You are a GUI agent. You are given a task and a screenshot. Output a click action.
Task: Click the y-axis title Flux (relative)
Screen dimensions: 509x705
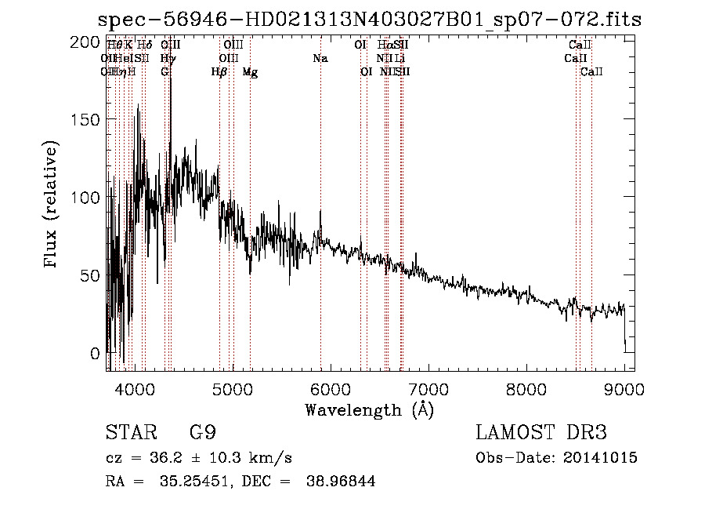[52, 205]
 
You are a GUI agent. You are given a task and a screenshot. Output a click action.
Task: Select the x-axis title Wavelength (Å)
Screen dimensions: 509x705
[369, 409]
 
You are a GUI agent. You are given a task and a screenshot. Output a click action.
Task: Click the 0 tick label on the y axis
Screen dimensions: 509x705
[96, 353]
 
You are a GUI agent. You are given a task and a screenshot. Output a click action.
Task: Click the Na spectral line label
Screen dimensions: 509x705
[320, 59]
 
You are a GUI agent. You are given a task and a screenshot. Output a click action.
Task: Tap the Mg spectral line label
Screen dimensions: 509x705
[250, 72]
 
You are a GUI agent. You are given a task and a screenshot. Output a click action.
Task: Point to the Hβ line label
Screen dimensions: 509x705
[219, 72]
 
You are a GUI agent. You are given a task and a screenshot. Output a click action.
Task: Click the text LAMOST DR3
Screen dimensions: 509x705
[541, 433]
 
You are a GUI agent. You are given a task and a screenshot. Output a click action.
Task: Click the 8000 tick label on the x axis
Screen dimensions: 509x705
[526, 388]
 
